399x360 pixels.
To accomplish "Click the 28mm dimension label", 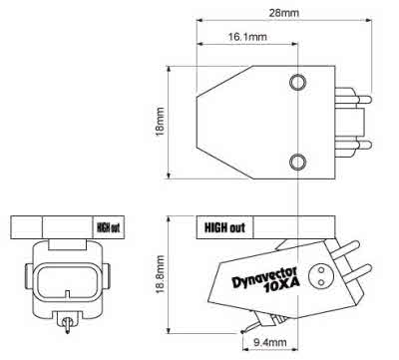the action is (x=283, y=13).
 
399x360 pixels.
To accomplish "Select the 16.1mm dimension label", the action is (x=247, y=36).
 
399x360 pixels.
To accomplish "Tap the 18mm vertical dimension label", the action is (x=160, y=122).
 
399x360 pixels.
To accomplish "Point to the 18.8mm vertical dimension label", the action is (x=160, y=274).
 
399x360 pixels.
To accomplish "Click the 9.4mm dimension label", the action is (x=269, y=342).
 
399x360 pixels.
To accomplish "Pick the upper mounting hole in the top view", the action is (x=297, y=82).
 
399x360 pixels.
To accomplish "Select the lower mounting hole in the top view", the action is (x=297, y=162).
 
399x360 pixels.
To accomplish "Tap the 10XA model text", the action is (x=282, y=286).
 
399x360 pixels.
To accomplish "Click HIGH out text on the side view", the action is (x=224, y=227).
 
